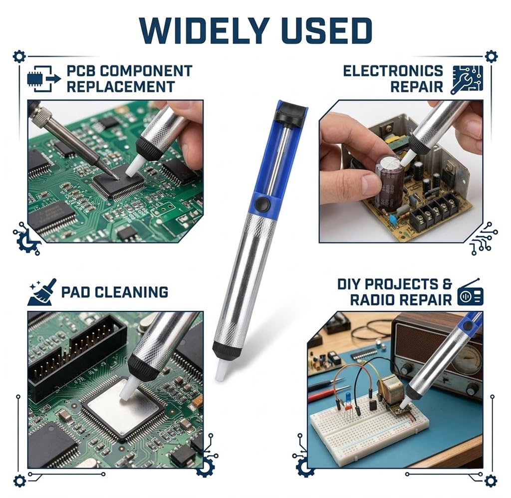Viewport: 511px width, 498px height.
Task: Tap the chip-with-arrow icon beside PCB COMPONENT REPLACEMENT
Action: (x=44, y=78)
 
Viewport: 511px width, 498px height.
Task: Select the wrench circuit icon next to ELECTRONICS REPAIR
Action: (x=467, y=79)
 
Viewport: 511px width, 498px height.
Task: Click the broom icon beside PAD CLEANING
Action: (x=42, y=292)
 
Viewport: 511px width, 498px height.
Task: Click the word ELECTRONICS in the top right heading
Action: (x=393, y=71)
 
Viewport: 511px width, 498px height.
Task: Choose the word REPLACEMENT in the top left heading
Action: (x=121, y=87)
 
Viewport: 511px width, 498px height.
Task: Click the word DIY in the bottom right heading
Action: (x=349, y=284)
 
